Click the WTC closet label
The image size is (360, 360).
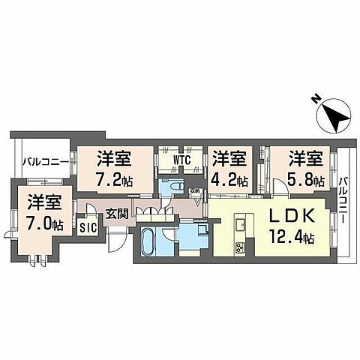[181, 160]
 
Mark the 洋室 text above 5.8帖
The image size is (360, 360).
[307, 159]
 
